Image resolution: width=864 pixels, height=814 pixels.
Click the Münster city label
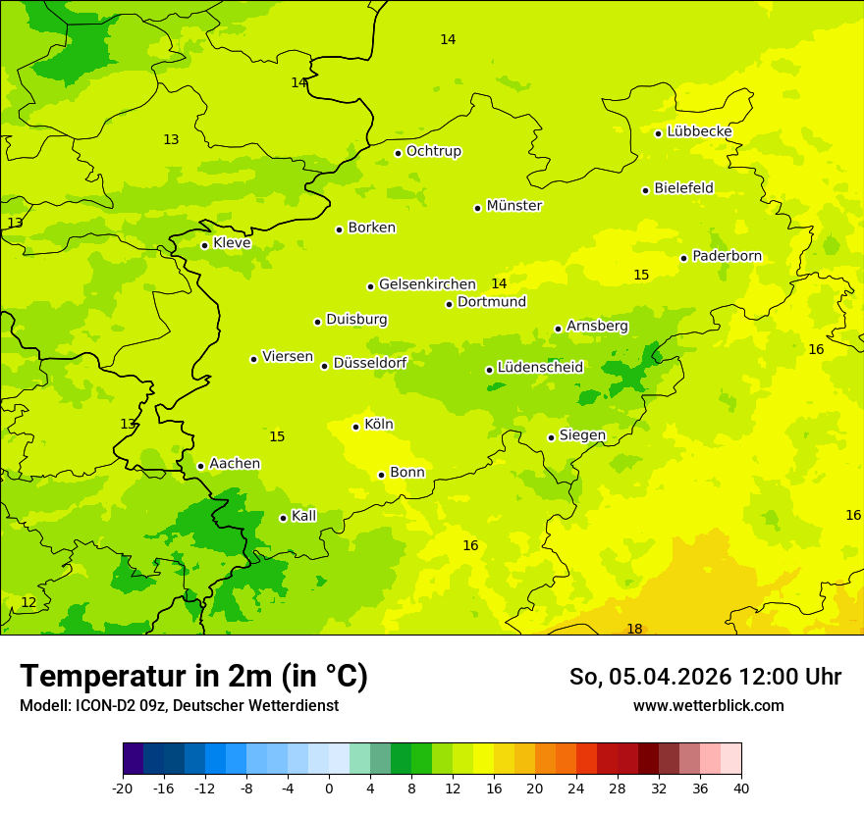pos(513,206)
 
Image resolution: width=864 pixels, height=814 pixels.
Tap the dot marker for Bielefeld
pos(645,190)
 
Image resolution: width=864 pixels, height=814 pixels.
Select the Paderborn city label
pos(727,256)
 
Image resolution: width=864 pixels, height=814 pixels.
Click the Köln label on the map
pos(378,425)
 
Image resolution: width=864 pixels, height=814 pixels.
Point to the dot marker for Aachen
pos(200,466)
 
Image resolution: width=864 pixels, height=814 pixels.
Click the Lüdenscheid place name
pos(540,368)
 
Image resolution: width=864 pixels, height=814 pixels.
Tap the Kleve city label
pos(232,243)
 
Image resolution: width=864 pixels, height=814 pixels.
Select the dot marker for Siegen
pos(551,437)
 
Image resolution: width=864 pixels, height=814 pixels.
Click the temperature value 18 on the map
pos(634,629)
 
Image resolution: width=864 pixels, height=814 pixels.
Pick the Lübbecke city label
pos(699,131)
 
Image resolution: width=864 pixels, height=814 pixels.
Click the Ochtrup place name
pos(433,151)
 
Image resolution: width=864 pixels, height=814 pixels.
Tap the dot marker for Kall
pos(283,518)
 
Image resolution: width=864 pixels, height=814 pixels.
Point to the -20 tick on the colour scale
pos(123,788)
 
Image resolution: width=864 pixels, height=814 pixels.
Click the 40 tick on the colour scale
pos(741,788)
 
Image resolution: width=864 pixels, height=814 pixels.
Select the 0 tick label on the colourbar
pos(329,788)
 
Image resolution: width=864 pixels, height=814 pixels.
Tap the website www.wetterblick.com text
pos(708,706)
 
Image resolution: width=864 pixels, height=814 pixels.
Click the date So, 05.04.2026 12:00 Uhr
pos(705,677)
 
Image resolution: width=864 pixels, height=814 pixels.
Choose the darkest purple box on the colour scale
pos(133,759)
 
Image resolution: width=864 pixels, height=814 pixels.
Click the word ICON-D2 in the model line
pos(97,706)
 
